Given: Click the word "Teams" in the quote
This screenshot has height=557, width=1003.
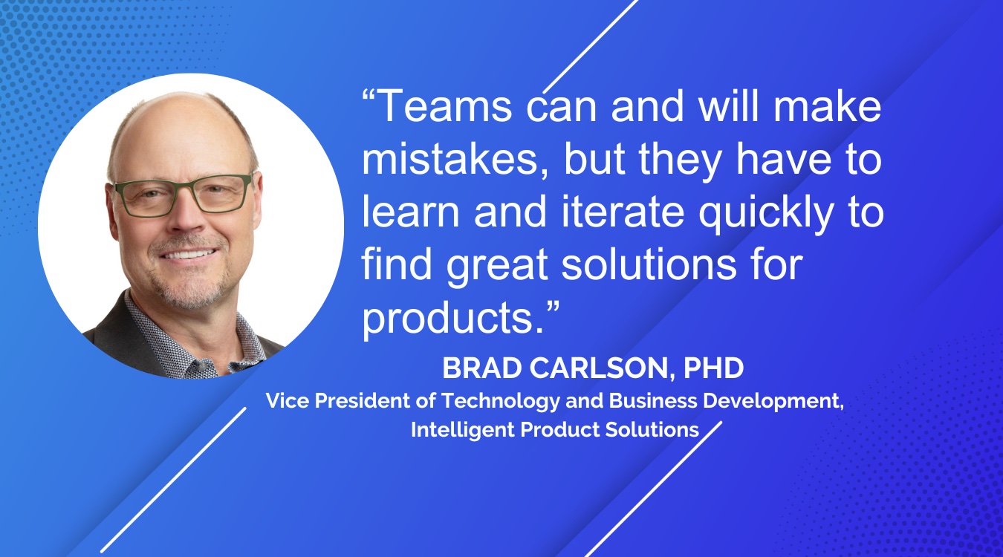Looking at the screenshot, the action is [x=444, y=105].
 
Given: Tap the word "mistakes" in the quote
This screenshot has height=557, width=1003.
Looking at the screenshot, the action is [x=449, y=159].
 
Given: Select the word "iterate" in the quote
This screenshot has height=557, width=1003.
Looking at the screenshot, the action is [x=623, y=212].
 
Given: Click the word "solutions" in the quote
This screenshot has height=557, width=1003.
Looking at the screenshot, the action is [x=649, y=264].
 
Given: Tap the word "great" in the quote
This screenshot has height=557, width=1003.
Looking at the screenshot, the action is [x=497, y=267].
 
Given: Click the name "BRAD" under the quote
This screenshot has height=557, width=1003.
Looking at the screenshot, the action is [x=482, y=368].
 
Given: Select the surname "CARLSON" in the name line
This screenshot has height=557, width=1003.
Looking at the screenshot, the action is [x=599, y=368].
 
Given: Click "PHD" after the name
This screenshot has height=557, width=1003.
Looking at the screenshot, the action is [x=713, y=368].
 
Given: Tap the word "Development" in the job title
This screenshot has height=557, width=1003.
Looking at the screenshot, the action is [x=771, y=401].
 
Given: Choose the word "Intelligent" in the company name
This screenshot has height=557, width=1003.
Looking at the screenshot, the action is [x=463, y=430].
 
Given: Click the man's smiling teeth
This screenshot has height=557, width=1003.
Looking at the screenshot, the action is [x=188, y=255].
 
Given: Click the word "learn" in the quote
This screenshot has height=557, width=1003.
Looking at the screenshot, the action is [x=411, y=212].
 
